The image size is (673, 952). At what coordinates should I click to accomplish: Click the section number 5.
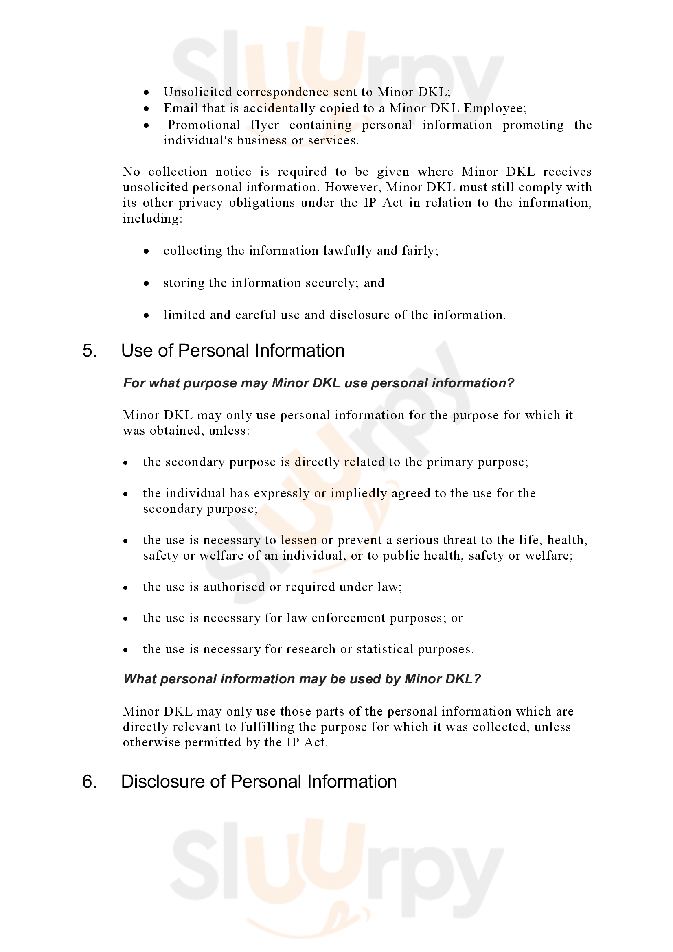(x=90, y=351)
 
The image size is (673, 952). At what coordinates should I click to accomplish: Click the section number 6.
(x=90, y=781)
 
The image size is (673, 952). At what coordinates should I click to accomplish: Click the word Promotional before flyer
(x=204, y=125)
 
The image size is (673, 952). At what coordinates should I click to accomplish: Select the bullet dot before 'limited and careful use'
(x=146, y=315)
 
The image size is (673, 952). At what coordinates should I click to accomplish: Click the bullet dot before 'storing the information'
(x=146, y=284)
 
